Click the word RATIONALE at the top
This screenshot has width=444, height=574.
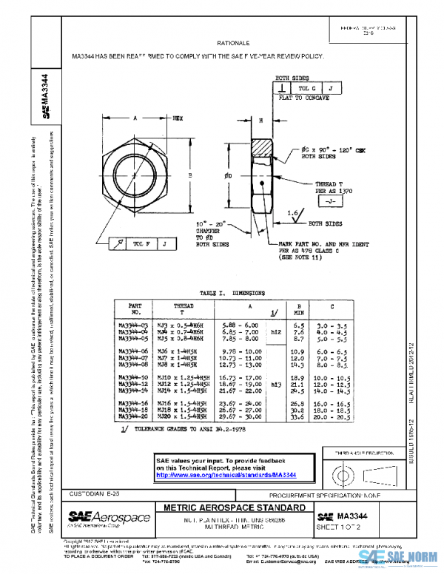249,44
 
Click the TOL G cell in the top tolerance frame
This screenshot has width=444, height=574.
306,88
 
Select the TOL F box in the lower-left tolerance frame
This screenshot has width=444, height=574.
140,243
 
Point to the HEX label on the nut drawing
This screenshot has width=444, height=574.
178,118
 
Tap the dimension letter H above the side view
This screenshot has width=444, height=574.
261,119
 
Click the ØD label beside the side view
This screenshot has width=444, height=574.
229,176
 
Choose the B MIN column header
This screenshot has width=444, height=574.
300,308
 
